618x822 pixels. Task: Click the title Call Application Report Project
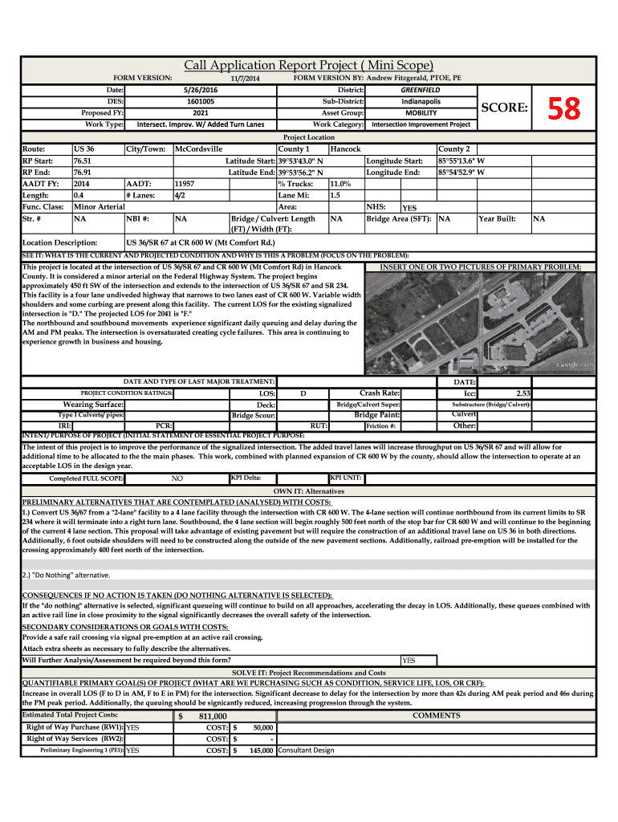pyautogui.click(x=309, y=65)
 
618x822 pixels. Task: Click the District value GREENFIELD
pyautogui.click(x=421, y=90)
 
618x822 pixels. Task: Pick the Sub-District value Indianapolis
pyautogui.click(x=421, y=102)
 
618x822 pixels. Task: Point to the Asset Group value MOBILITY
pyautogui.click(x=421, y=113)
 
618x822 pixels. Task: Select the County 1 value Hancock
pyautogui.click(x=345, y=149)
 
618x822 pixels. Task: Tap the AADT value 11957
pyautogui.click(x=185, y=183)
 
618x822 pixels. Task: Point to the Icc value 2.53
pyautogui.click(x=523, y=393)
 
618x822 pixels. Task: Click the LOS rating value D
pyautogui.click(x=303, y=394)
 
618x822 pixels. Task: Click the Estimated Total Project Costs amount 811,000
pyautogui.click(x=213, y=716)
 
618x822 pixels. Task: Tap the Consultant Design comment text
pyautogui.click(x=306, y=751)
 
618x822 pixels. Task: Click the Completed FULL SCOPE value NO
pyautogui.click(x=177, y=478)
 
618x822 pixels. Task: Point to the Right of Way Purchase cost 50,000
pyautogui.click(x=262, y=727)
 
